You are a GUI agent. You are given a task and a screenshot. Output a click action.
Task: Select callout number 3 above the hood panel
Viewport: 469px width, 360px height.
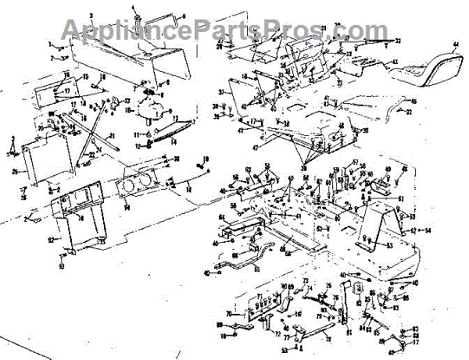point(91,16)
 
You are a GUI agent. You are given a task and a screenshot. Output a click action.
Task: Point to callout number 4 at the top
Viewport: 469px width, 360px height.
point(134,8)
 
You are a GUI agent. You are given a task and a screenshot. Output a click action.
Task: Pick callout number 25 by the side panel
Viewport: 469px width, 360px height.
point(14,172)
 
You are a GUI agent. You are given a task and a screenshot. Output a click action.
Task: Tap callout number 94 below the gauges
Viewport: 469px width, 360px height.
point(127,208)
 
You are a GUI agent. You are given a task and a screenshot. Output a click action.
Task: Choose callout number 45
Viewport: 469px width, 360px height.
point(414,102)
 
